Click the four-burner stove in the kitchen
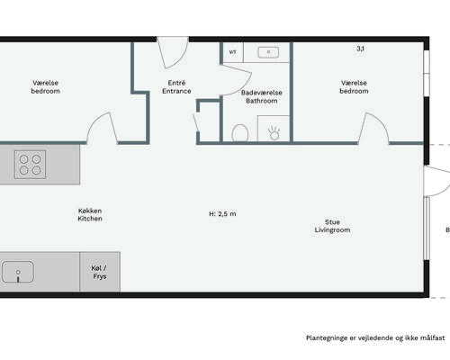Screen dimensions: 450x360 point(30,165)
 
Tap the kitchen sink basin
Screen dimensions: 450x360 point(18,272)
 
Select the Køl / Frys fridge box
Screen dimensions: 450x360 point(100,272)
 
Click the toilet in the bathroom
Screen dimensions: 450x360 point(240,133)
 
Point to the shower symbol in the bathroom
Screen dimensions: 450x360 point(274,133)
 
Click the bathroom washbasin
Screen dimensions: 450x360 point(268,52)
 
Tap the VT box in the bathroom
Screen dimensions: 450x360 point(233,52)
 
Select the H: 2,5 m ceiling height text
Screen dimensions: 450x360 point(222,214)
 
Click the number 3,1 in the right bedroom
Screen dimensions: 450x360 point(361,49)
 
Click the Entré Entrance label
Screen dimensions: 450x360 point(176,86)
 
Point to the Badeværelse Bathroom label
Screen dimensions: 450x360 point(262,96)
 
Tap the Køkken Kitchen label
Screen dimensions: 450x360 point(90,214)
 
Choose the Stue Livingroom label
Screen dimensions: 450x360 point(332,226)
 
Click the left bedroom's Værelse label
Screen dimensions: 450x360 point(45,83)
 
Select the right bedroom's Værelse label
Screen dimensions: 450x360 point(354,83)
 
